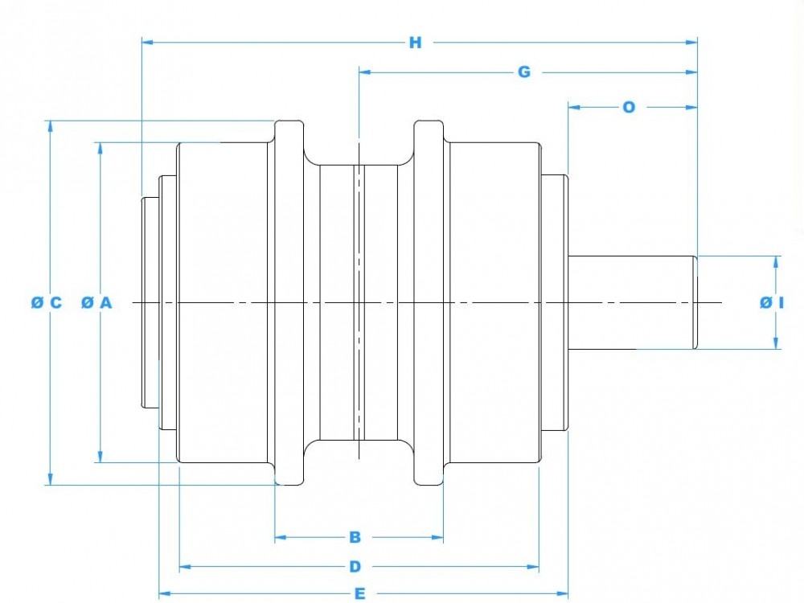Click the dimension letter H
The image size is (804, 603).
[x=415, y=43]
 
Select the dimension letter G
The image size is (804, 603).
[x=524, y=72]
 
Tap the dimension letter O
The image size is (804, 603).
[x=629, y=106]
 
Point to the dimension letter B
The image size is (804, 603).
[x=355, y=536]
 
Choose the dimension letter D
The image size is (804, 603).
[x=355, y=567]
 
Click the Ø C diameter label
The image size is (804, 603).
[x=46, y=302]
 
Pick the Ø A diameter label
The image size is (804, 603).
[x=96, y=302]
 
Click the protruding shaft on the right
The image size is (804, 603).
[x=631, y=302]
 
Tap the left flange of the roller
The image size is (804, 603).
[x=289, y=302]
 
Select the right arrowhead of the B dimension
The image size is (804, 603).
[x=439, y=536]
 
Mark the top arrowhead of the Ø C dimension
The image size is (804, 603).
[x=51, y=125]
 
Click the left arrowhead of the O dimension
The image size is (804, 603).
[x=573, y=106]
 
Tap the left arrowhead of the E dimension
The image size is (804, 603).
[x=164, y=594]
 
